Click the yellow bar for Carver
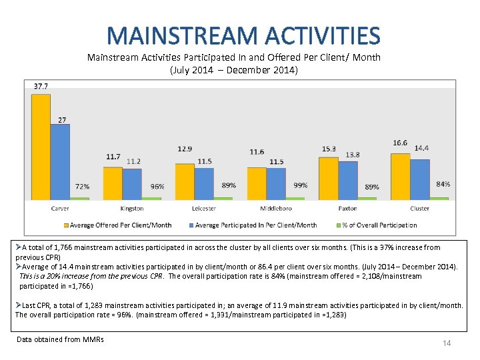click(x=41, y=147)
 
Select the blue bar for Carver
click(x=60, y=162)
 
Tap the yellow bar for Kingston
click(x=113, y=183)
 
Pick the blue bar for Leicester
click(x=204, y=183)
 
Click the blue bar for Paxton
click(x=348, y=180)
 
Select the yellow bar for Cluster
click(x=400, y=176)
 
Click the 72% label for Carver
click(x=82, y=187)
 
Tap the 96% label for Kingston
click(x=157, y=187)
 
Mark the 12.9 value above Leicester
click(x=185, y=148)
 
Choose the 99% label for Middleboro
click(x=301, y=185)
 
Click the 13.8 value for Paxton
click(x=353, y=155)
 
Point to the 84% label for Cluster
click(x=443, y=184)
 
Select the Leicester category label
click(x=204, y=209)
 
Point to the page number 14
click(x=447, y=343)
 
